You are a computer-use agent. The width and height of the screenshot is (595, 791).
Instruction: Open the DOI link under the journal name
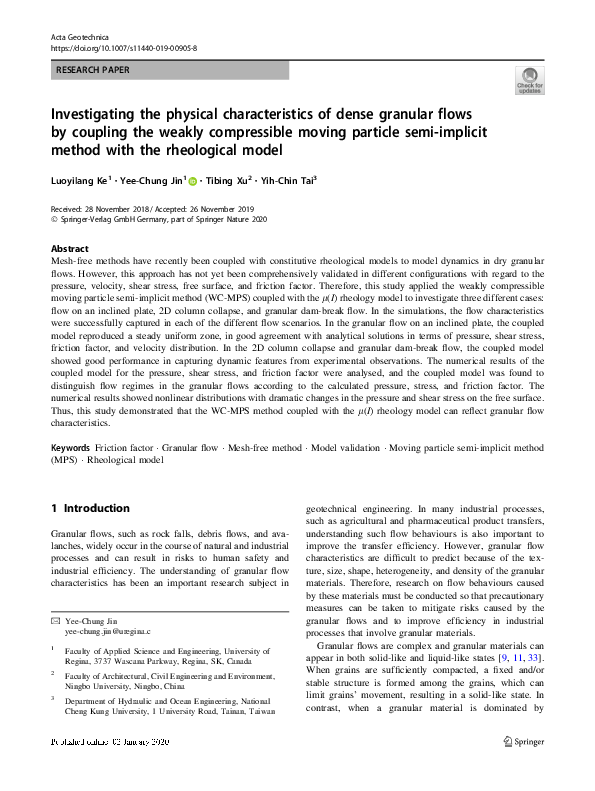(x=124, y=48)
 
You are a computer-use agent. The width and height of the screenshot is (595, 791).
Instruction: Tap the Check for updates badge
(x=529, y=81)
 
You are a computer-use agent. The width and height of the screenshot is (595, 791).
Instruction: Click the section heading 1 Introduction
(x=90, y=508)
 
